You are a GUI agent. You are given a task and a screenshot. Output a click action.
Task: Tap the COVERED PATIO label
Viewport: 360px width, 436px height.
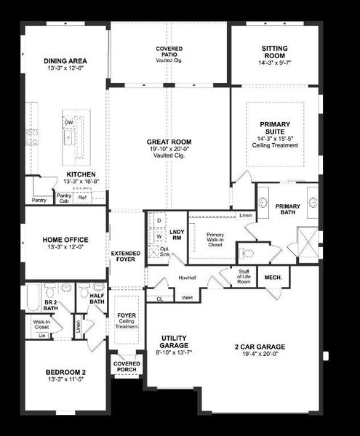point(169,49)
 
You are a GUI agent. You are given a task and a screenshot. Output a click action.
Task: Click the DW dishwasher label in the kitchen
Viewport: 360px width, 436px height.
point(68,123)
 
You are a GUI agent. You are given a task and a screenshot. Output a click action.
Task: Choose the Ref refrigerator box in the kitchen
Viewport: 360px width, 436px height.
point(81,197)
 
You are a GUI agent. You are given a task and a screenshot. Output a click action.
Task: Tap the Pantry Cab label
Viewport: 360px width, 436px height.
point(64,197)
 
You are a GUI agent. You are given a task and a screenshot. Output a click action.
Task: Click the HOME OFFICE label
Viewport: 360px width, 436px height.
point(65,240)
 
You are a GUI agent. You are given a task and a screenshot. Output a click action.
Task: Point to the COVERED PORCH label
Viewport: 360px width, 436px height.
point(126,367)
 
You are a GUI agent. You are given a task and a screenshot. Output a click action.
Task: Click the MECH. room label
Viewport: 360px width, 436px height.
point(273,278)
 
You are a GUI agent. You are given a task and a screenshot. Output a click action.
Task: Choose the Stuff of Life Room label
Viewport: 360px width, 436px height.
point(243,275)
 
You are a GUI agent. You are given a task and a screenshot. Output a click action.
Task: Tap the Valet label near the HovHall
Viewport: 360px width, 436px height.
point(186,297)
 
